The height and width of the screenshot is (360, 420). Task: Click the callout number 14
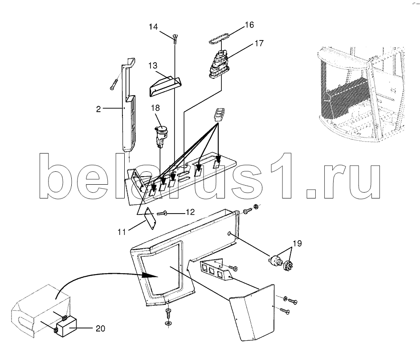154,27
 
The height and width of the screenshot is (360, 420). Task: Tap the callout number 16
249,25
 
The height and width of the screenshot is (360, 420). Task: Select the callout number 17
259,43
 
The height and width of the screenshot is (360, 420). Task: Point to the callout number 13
153,65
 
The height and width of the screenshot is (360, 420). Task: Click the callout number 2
98,109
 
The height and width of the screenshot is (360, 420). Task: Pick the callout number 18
155,108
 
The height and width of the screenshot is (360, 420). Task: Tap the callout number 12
190,212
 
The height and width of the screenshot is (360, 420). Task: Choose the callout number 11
122,232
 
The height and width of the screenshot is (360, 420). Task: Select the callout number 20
101,328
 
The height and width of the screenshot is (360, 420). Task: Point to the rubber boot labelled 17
218,65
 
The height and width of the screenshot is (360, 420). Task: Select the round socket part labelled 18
161,136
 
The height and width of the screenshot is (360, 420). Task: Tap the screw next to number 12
162,213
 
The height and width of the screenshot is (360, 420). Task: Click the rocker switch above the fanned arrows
220,115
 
